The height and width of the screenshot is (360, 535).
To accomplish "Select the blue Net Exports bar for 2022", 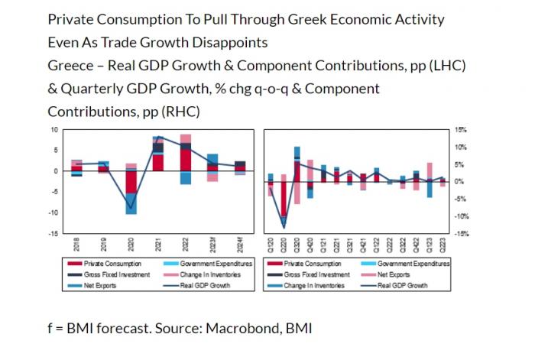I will [x=186, y=178].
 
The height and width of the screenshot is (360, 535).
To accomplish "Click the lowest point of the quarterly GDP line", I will [x=284, y=227].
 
